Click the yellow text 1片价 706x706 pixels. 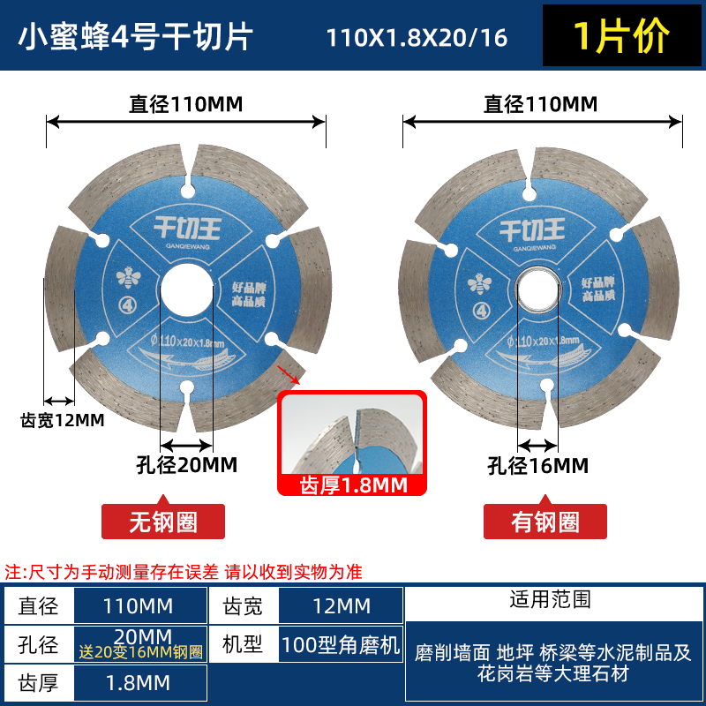pos(622,36)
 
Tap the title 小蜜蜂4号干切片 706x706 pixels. pos(136,36)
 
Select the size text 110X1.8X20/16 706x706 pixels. pos(417,39)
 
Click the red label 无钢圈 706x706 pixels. pos(162,522)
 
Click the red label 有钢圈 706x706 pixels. pos(545,522)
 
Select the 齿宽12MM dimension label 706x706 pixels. pos(62,420)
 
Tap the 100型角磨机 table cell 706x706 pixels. pos(340,644)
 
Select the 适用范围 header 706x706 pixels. pos(550,600)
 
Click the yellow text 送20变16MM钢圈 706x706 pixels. pos(141,654)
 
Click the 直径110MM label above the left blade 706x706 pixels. pos(186,104)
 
